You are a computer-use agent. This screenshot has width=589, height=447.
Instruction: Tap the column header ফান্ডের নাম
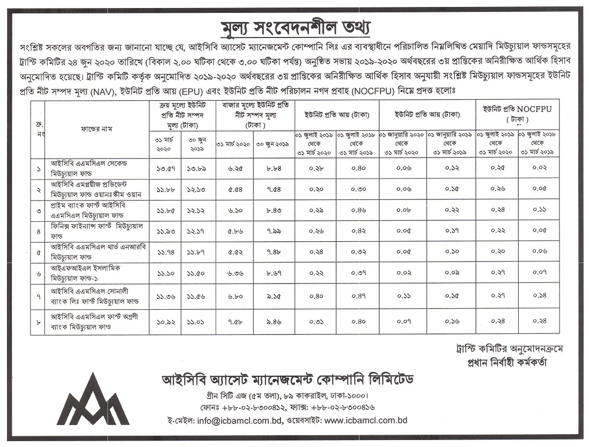(97, 129)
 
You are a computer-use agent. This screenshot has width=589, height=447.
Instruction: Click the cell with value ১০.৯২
(166, 323)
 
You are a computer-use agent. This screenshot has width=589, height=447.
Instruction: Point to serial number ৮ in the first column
(38, 323)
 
